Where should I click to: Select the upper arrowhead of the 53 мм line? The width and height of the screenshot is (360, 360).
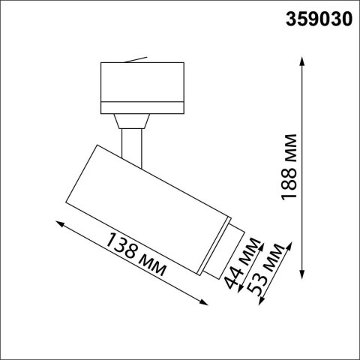286,245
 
